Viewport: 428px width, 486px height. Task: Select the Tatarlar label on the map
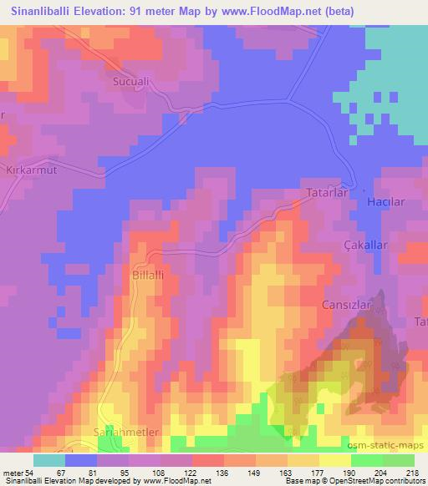coord(323,193)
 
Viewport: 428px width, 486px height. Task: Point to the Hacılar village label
coord(385,202)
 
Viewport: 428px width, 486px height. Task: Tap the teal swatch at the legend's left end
coord(48,460)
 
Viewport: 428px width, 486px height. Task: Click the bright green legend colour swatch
coord(366,460)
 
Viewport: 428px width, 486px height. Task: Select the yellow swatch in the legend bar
coord(334,460)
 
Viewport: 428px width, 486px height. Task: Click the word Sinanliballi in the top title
coord(39,12)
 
